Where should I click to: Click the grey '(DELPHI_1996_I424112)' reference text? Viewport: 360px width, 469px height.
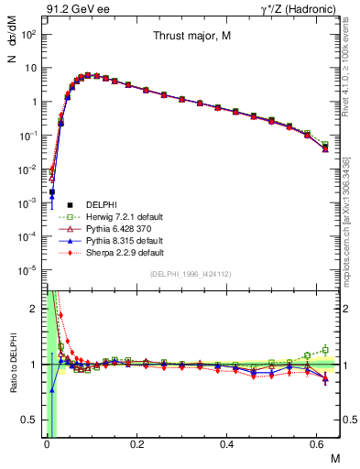pos(191,274)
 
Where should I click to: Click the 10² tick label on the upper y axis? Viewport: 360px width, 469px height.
pos(27,34)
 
